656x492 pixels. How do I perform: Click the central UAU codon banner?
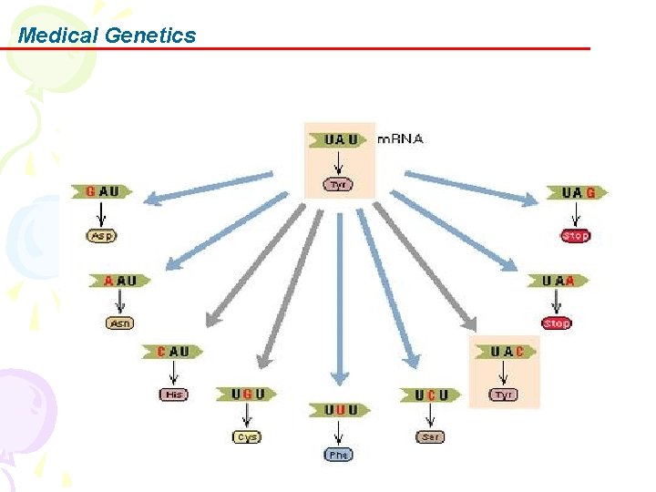(339, 139)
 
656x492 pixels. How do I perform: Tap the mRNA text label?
(400, 139)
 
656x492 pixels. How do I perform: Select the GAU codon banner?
(102, 191)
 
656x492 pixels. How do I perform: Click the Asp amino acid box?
(102, 235)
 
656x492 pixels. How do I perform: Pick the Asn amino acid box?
(120, 323)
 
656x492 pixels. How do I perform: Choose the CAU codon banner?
(173, 351)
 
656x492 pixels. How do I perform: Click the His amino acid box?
(173, 395)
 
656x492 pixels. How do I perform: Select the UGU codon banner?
(247, 394)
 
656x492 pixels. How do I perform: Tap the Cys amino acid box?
(247, 437)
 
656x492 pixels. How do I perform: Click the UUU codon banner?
(340, 410)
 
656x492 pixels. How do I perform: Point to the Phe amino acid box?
(339, 454)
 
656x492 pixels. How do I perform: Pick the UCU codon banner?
(431, 394)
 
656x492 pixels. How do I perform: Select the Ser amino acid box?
(431, 437)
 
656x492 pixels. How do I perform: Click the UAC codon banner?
(506, 352)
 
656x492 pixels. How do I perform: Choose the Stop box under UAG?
(576, 236)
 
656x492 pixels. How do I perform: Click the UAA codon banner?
(559, 281)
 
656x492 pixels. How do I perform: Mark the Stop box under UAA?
(557, 323)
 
